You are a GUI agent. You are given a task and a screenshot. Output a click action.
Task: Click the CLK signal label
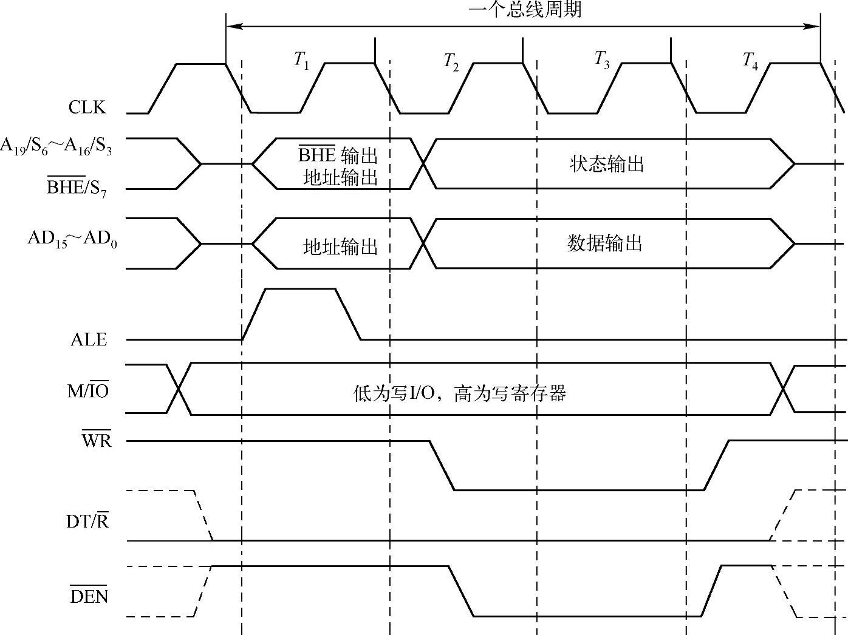(x=87, y=107)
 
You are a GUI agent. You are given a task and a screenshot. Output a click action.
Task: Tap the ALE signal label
(x=89, y=339)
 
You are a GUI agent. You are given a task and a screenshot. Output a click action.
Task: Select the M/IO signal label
(x=88, y=391)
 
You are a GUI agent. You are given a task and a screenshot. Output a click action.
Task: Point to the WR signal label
(x=97, y=440)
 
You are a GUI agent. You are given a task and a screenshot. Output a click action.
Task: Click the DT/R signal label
(x=87, y=521)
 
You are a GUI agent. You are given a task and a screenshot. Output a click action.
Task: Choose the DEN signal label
(x=89, y=597)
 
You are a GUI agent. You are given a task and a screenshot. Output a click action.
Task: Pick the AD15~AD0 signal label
(x=72, y=239)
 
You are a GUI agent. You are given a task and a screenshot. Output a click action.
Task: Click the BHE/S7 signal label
(x=77, y=188)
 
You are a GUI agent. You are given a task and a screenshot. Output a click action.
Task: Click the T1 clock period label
(x=301, y=60)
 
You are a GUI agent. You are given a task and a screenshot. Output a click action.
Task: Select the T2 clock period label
(x=451, y=61)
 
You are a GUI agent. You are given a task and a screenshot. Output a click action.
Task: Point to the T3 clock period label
(x=601, y=60)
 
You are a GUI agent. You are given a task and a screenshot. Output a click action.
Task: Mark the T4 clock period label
(x=750, y=61)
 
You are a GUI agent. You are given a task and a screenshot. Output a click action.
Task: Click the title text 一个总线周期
(x=525, y=10)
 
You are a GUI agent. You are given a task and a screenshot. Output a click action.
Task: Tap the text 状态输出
(x=607, y=164)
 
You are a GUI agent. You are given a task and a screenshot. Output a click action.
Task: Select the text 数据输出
(x=605, y=243)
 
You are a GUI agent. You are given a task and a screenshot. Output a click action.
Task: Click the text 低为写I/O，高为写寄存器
(x=460, y=394)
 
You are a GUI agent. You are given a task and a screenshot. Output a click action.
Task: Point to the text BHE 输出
(x=338, y=155)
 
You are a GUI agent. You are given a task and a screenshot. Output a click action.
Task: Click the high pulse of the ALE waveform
(x=301, y=290)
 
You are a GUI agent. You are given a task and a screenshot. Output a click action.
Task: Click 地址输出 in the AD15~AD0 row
(x=340, y=247)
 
